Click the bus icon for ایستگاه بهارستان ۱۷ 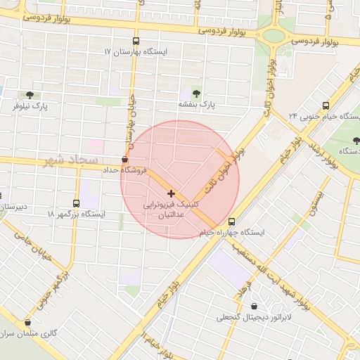[136, 41]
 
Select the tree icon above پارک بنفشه [195, 93]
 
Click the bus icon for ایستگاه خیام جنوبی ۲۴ [325, 105]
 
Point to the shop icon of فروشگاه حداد [125, 159]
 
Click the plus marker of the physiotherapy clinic [172, 193]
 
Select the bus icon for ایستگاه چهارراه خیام [231, 221]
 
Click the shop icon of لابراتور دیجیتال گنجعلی [253, 307]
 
